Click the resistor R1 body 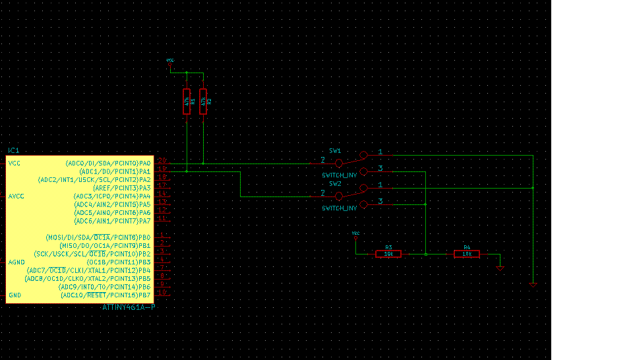(187, 102)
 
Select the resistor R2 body (202, 102)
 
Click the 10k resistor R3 (388, 254)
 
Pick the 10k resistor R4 (466, 254)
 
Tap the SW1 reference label (335, 151)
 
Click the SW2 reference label (335, 184)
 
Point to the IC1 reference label (14, 151)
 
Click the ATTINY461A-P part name (129, 307)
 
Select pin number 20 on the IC (162, 162)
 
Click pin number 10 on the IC (162, 292)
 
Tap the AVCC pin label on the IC (16, 196)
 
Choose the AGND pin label (16, 262)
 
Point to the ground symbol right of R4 (500, 268)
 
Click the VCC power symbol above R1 (170, 61)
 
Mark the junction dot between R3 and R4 (426, 254)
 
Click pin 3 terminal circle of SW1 (364, 171)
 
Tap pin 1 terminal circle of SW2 (364, 189)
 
